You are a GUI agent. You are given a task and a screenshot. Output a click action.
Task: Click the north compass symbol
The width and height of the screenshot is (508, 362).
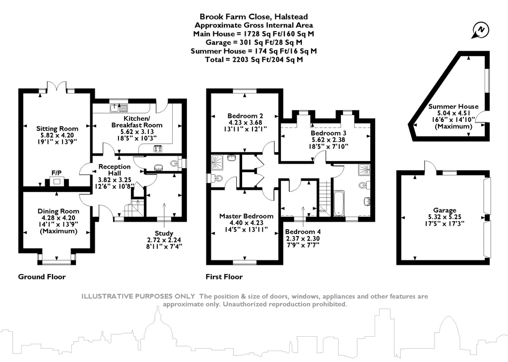click(x=480, y=31)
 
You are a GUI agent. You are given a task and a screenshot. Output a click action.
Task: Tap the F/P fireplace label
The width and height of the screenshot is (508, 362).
click(x=56, y=173)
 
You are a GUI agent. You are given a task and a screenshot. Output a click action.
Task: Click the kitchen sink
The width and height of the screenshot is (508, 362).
click(x=120, y=107)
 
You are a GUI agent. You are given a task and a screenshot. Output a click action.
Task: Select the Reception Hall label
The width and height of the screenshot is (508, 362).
click(x=114, y=167)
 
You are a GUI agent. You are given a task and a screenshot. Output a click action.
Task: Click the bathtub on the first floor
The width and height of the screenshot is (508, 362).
click(x=339, y=203)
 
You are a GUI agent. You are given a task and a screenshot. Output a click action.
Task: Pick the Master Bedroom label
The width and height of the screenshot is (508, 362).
click(x=246, y=216)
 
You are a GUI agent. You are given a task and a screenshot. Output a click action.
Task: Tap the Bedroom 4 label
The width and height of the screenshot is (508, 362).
click(x=303, y=232)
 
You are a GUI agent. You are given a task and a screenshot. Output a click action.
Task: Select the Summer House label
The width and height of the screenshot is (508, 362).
click(x=453, y=106)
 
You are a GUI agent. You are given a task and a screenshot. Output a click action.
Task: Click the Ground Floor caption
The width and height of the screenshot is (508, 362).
click(x=42, y=277)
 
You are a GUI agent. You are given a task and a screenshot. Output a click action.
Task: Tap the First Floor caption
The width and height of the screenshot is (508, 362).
click(x=224, y=277)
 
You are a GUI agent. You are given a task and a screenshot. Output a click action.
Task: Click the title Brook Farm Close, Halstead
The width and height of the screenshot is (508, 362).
click(x=254, y=16)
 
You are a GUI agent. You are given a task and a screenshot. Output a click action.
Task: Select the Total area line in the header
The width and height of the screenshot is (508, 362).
click(x=254, y=60)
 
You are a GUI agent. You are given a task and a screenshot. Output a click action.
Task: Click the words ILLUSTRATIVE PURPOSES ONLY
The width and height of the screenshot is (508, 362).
click(x=138, y=297)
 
